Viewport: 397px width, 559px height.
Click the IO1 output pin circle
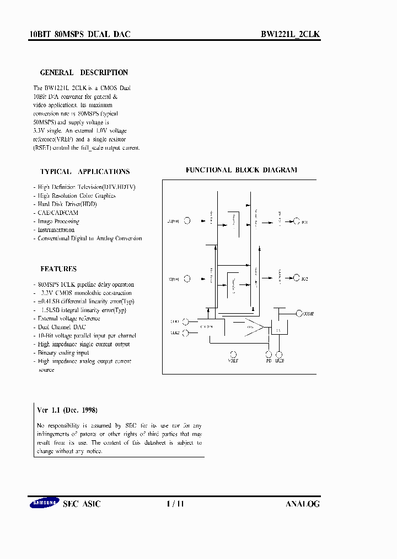(297, 222)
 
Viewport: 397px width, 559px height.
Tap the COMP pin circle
(299, 313)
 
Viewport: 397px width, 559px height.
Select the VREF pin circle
(233, 354)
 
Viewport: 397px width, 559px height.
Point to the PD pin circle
(269, 354)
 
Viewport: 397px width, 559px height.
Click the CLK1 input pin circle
(186, 321)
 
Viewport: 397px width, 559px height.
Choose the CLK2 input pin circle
(186, 333)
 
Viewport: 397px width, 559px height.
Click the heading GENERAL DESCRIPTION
(84, 72)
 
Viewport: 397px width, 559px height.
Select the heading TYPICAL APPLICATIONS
(85, 172)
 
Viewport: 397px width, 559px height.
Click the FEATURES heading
(58, 269)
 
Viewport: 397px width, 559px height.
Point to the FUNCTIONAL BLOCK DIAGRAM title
(241, 170)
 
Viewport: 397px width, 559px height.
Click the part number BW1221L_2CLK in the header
(290, 34)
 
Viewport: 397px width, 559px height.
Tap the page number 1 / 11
(175, 504)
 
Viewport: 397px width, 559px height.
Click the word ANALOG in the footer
(303, 504)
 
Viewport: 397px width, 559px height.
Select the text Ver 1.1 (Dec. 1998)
(67, 410)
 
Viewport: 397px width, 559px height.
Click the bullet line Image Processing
(58, 222)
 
